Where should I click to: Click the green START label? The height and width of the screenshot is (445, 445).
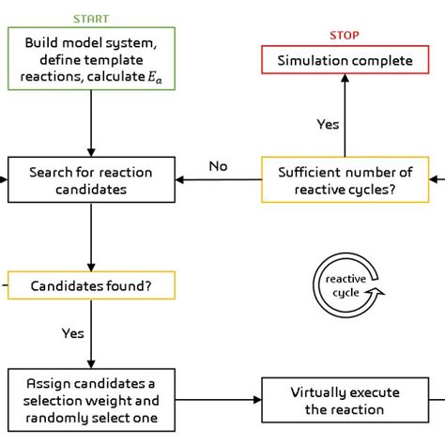(x=90, y=20)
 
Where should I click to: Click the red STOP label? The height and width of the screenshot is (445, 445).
(x=344, y=36)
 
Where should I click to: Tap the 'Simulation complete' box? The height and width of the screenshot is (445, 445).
(x=344, y=61)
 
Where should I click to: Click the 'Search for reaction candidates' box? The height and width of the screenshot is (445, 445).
(x=90, y=179)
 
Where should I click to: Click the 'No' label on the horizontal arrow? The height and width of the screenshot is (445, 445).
(x=218, y=166)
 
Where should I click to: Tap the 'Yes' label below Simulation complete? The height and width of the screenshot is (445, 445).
(x=327, y=124)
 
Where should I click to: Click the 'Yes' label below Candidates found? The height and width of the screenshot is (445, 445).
(x=72, y=333)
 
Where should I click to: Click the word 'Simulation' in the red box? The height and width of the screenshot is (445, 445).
(x=314, y=61)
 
